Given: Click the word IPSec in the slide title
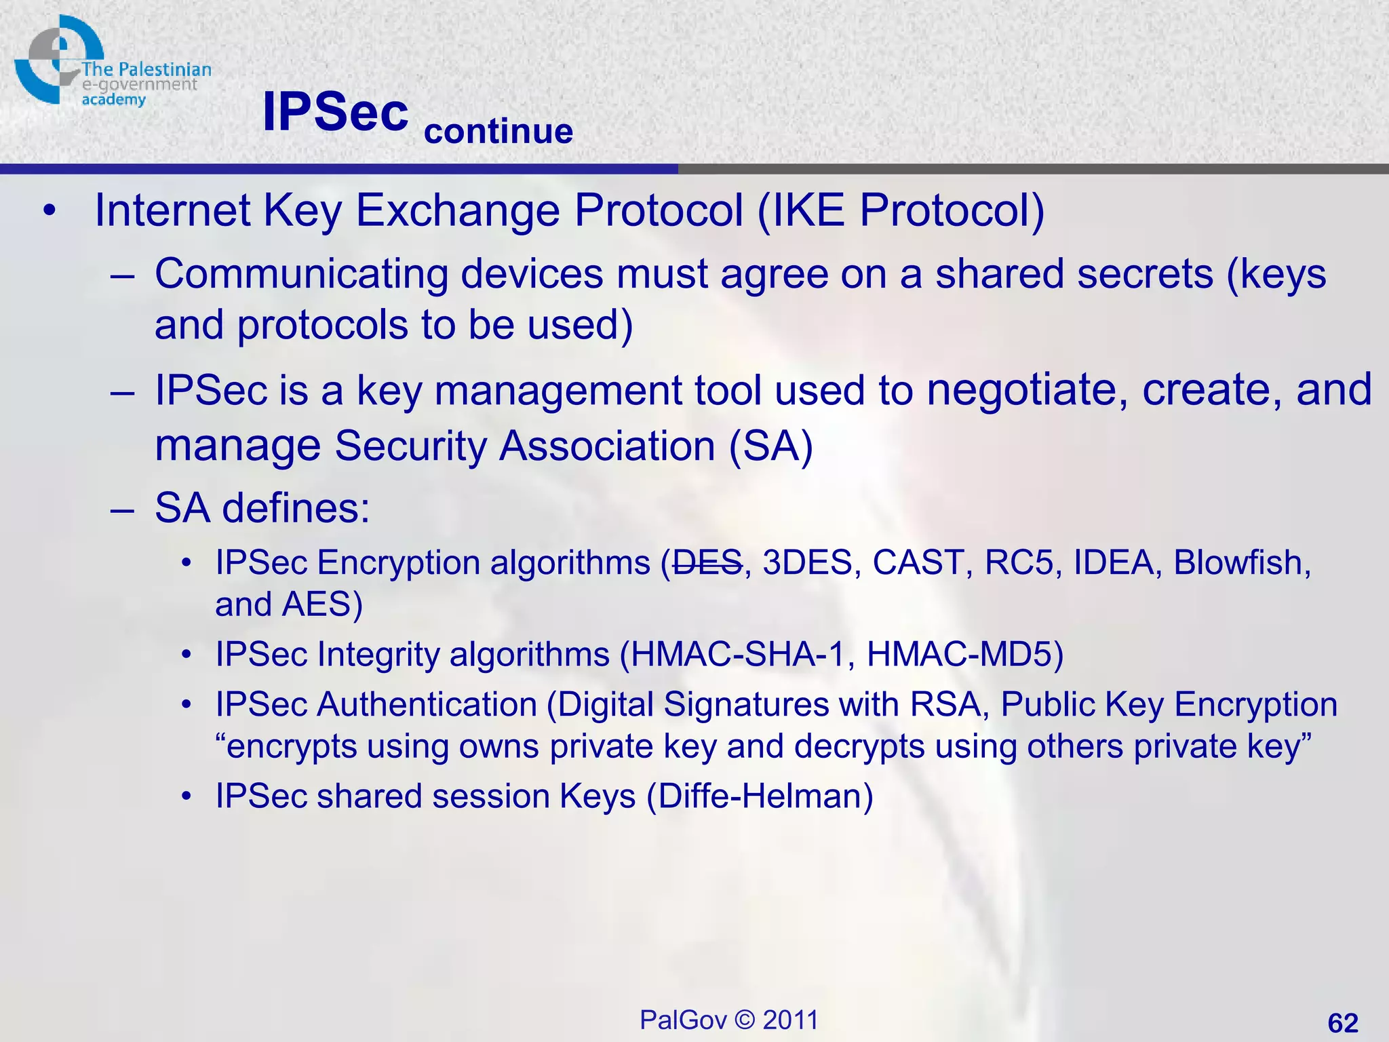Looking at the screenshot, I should (x=335, y=112).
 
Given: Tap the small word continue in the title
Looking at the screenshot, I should (x=498, y=131).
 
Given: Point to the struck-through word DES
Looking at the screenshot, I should (x=707, y=563).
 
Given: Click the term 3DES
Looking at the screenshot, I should (x=807, y=563).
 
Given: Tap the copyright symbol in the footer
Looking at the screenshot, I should (x=745, y=1020).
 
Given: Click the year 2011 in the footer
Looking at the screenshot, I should (x=790, y=1020).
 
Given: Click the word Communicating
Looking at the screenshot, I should (x=301, y=275).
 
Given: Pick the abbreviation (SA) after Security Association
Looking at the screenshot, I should (x=770, y=446).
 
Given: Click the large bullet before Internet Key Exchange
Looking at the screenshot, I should (x=48, y=211).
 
